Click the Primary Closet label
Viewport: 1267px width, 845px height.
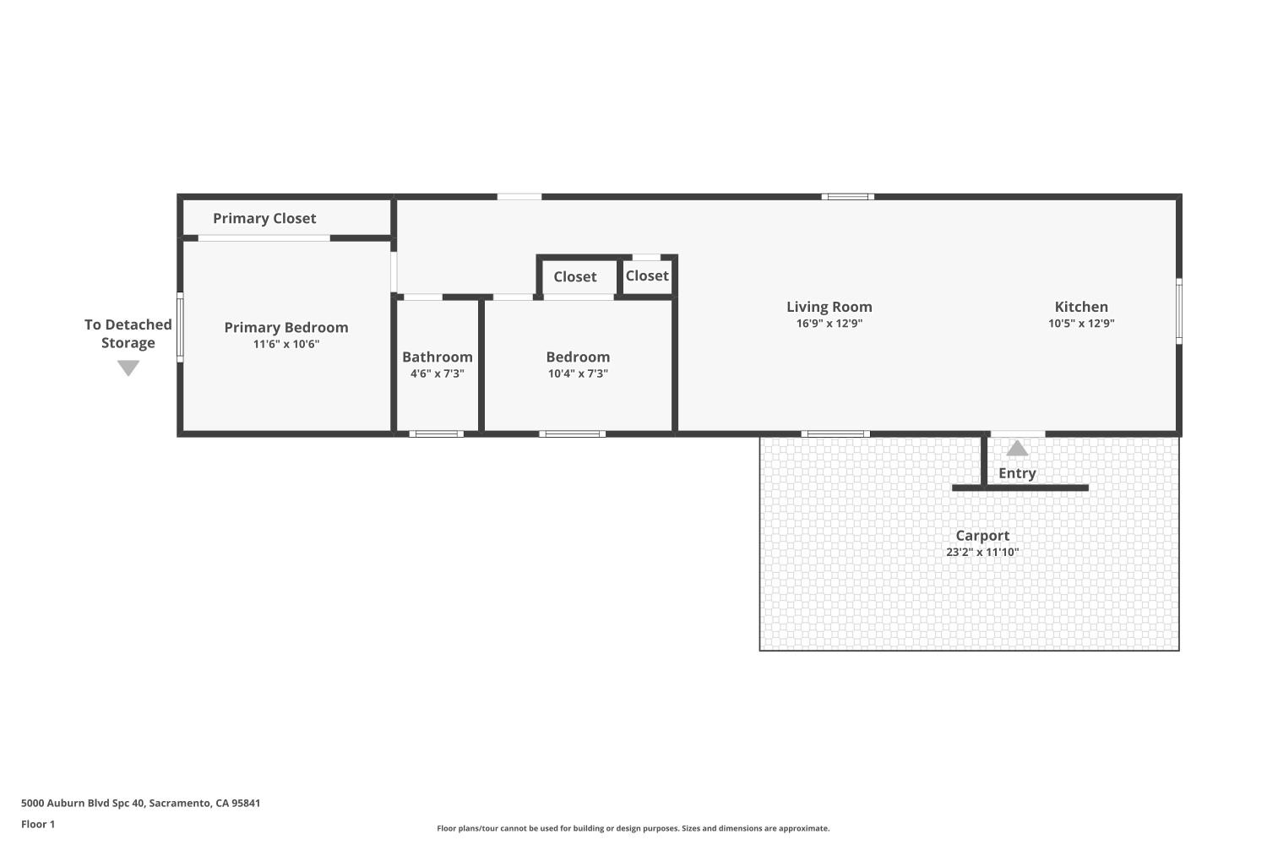click(x=264, y=218)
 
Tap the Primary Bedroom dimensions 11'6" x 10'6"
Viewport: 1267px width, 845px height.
click(x=286, y=344)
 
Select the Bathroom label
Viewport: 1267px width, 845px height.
click(x=437, y=357)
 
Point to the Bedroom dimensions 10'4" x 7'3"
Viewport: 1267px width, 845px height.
click(x=578, y=373)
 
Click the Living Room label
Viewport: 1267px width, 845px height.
click(x=829, y=307)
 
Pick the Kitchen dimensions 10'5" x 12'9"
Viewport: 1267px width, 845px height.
click(x=1081, y=323)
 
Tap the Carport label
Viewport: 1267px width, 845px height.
click(x=982, y=535)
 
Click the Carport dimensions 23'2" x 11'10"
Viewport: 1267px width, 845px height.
click(x=982, y=552)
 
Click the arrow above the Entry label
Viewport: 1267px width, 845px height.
click(x=1017, y=448)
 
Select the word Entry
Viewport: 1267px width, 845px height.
click(x=1017, y=473)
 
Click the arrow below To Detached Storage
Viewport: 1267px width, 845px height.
click(x=128, y=368)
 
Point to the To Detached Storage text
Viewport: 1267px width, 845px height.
click(x=128, y=334)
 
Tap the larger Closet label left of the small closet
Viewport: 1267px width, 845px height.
click(x=574, y=276)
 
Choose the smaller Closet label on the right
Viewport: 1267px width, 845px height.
click(x=647, y=275)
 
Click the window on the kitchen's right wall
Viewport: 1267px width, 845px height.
click(x=1178, y=310)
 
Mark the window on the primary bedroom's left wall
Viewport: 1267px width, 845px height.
click(x=180, y=327)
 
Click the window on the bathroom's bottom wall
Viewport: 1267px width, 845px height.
click(x=437, y=433)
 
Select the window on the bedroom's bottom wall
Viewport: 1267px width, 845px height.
click(x=573, y=433)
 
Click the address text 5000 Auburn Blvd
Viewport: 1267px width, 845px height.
click(x=140, y=803)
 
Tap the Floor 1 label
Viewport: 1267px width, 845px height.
click(x=38, y=824)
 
